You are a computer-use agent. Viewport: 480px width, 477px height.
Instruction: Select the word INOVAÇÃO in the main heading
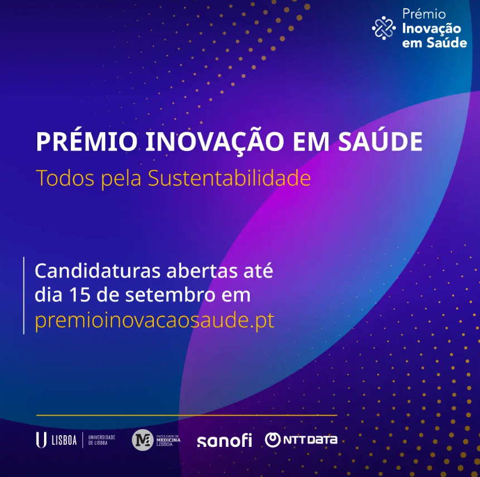[215, 141]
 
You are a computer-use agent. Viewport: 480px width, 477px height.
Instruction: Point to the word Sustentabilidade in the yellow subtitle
[229, 178]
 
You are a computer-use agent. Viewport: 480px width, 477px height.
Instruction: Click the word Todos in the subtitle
[65, 178]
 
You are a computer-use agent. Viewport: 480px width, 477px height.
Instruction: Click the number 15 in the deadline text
[80, 295]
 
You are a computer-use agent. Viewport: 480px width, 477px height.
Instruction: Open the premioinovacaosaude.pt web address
[154, 320]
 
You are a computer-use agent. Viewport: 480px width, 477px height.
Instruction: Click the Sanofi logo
[224, 440]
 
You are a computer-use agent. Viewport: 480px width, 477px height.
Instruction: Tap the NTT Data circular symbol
[273, 440]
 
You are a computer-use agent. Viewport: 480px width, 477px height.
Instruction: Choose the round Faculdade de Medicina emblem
[142, 440]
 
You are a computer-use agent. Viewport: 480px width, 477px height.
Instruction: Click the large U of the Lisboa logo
[41, 440]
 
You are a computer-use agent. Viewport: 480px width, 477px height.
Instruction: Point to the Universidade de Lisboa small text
[101, 440]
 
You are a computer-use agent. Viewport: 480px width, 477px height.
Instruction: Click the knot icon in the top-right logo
[384, 28]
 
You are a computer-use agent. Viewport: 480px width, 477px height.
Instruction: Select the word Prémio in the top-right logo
[424, 14]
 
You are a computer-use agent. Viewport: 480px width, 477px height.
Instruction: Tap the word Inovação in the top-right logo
[431, 29]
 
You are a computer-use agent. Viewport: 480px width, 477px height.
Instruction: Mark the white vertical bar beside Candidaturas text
[24, 295]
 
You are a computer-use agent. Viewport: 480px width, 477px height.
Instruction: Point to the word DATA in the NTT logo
[322, 440]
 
